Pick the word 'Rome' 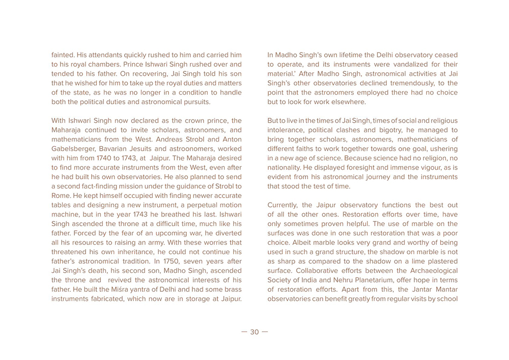[62, 196]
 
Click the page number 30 [254, 332]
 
